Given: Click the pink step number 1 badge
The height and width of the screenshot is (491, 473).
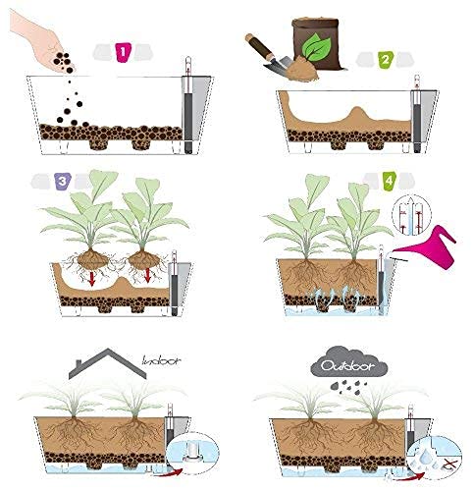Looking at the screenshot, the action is pyautogui.click(x=123, y=52).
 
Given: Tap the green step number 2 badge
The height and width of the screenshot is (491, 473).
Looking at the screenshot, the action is pyautogui.click(x=386, y=60).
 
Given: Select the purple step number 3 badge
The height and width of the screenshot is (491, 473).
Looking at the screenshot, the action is pyautogui.click(x=64, y=181).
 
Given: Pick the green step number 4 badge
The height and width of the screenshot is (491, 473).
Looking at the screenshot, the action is pyautogui.click(x=390, y=181).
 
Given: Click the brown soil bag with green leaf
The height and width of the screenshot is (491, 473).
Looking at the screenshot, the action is pyautogui.click(x=316, y=43).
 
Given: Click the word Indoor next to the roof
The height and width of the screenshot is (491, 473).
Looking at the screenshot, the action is pyautogui.click(x=161, y=360).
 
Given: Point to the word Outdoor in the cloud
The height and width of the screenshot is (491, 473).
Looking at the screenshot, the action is pyautogui.click(x=347, y=366).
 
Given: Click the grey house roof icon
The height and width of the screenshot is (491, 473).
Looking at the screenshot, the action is pyautogui.click(x=108, y=364).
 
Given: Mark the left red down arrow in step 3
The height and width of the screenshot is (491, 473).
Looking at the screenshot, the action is pyautogui.click(x=92, y=278).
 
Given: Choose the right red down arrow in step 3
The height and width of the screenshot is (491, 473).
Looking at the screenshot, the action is pyautogui.click(x=147, y=275).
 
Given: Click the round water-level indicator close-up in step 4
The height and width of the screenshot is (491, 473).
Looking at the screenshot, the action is pyautogui.click(x=411, y=215).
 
